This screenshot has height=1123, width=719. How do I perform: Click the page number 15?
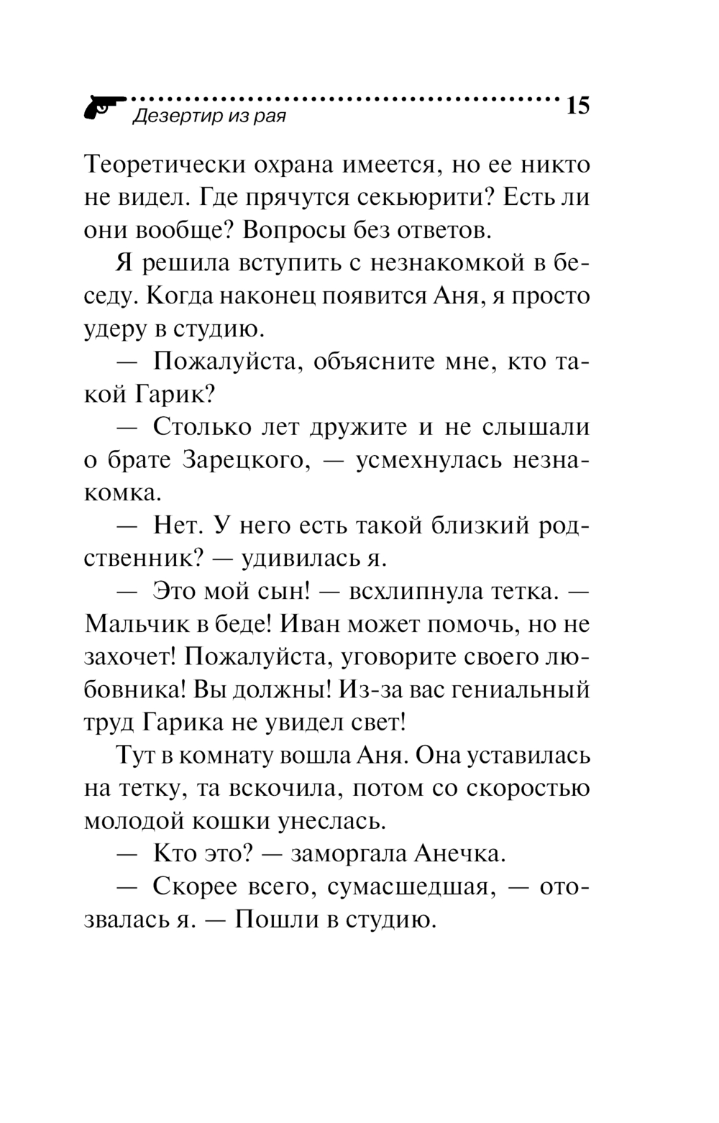(577, 106)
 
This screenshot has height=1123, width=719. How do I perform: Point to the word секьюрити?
(404, 198)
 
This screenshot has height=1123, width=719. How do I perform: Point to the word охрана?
(294, 165)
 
